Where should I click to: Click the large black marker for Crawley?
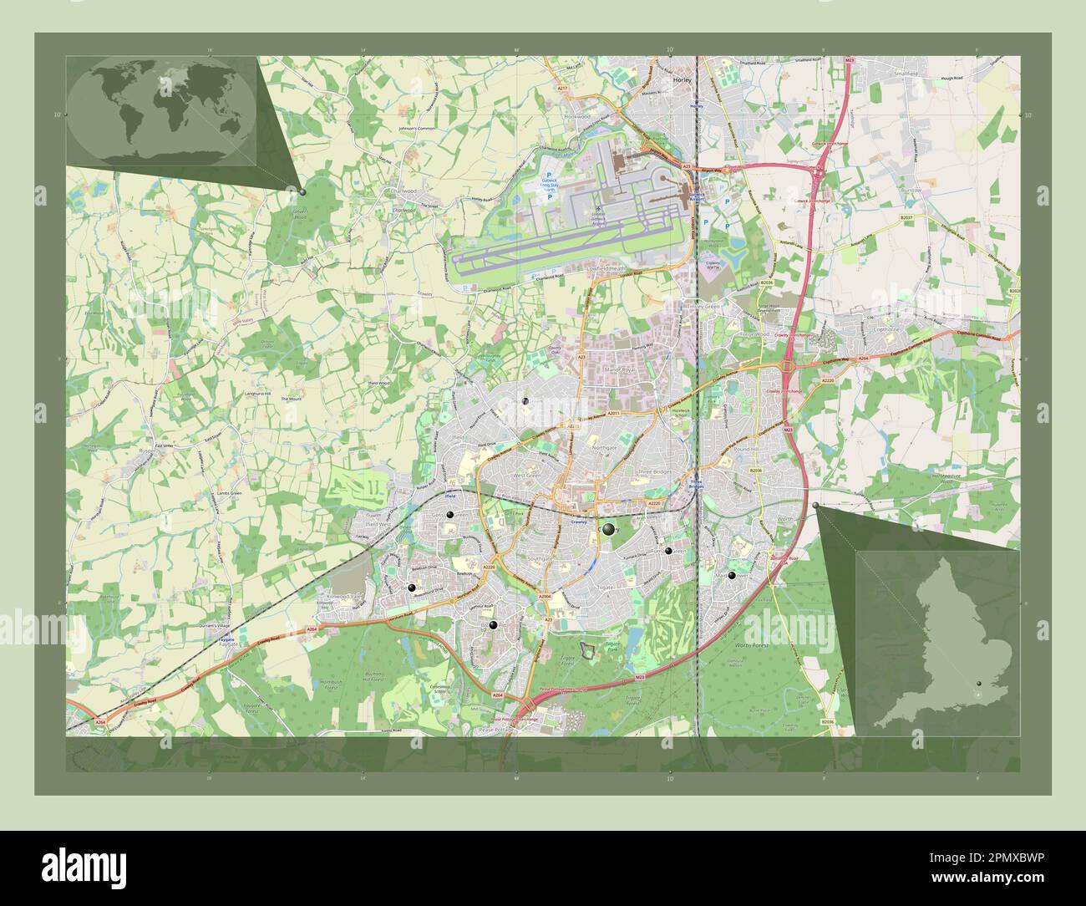[608, 529]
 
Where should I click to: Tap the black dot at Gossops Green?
[450, 516]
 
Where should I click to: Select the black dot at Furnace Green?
[668, 550]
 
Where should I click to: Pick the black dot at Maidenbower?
[732, 575]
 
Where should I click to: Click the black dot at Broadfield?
[493, 624]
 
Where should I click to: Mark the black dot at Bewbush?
[411, 588]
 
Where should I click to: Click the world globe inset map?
[161, 111]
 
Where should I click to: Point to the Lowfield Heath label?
[607, 268]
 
